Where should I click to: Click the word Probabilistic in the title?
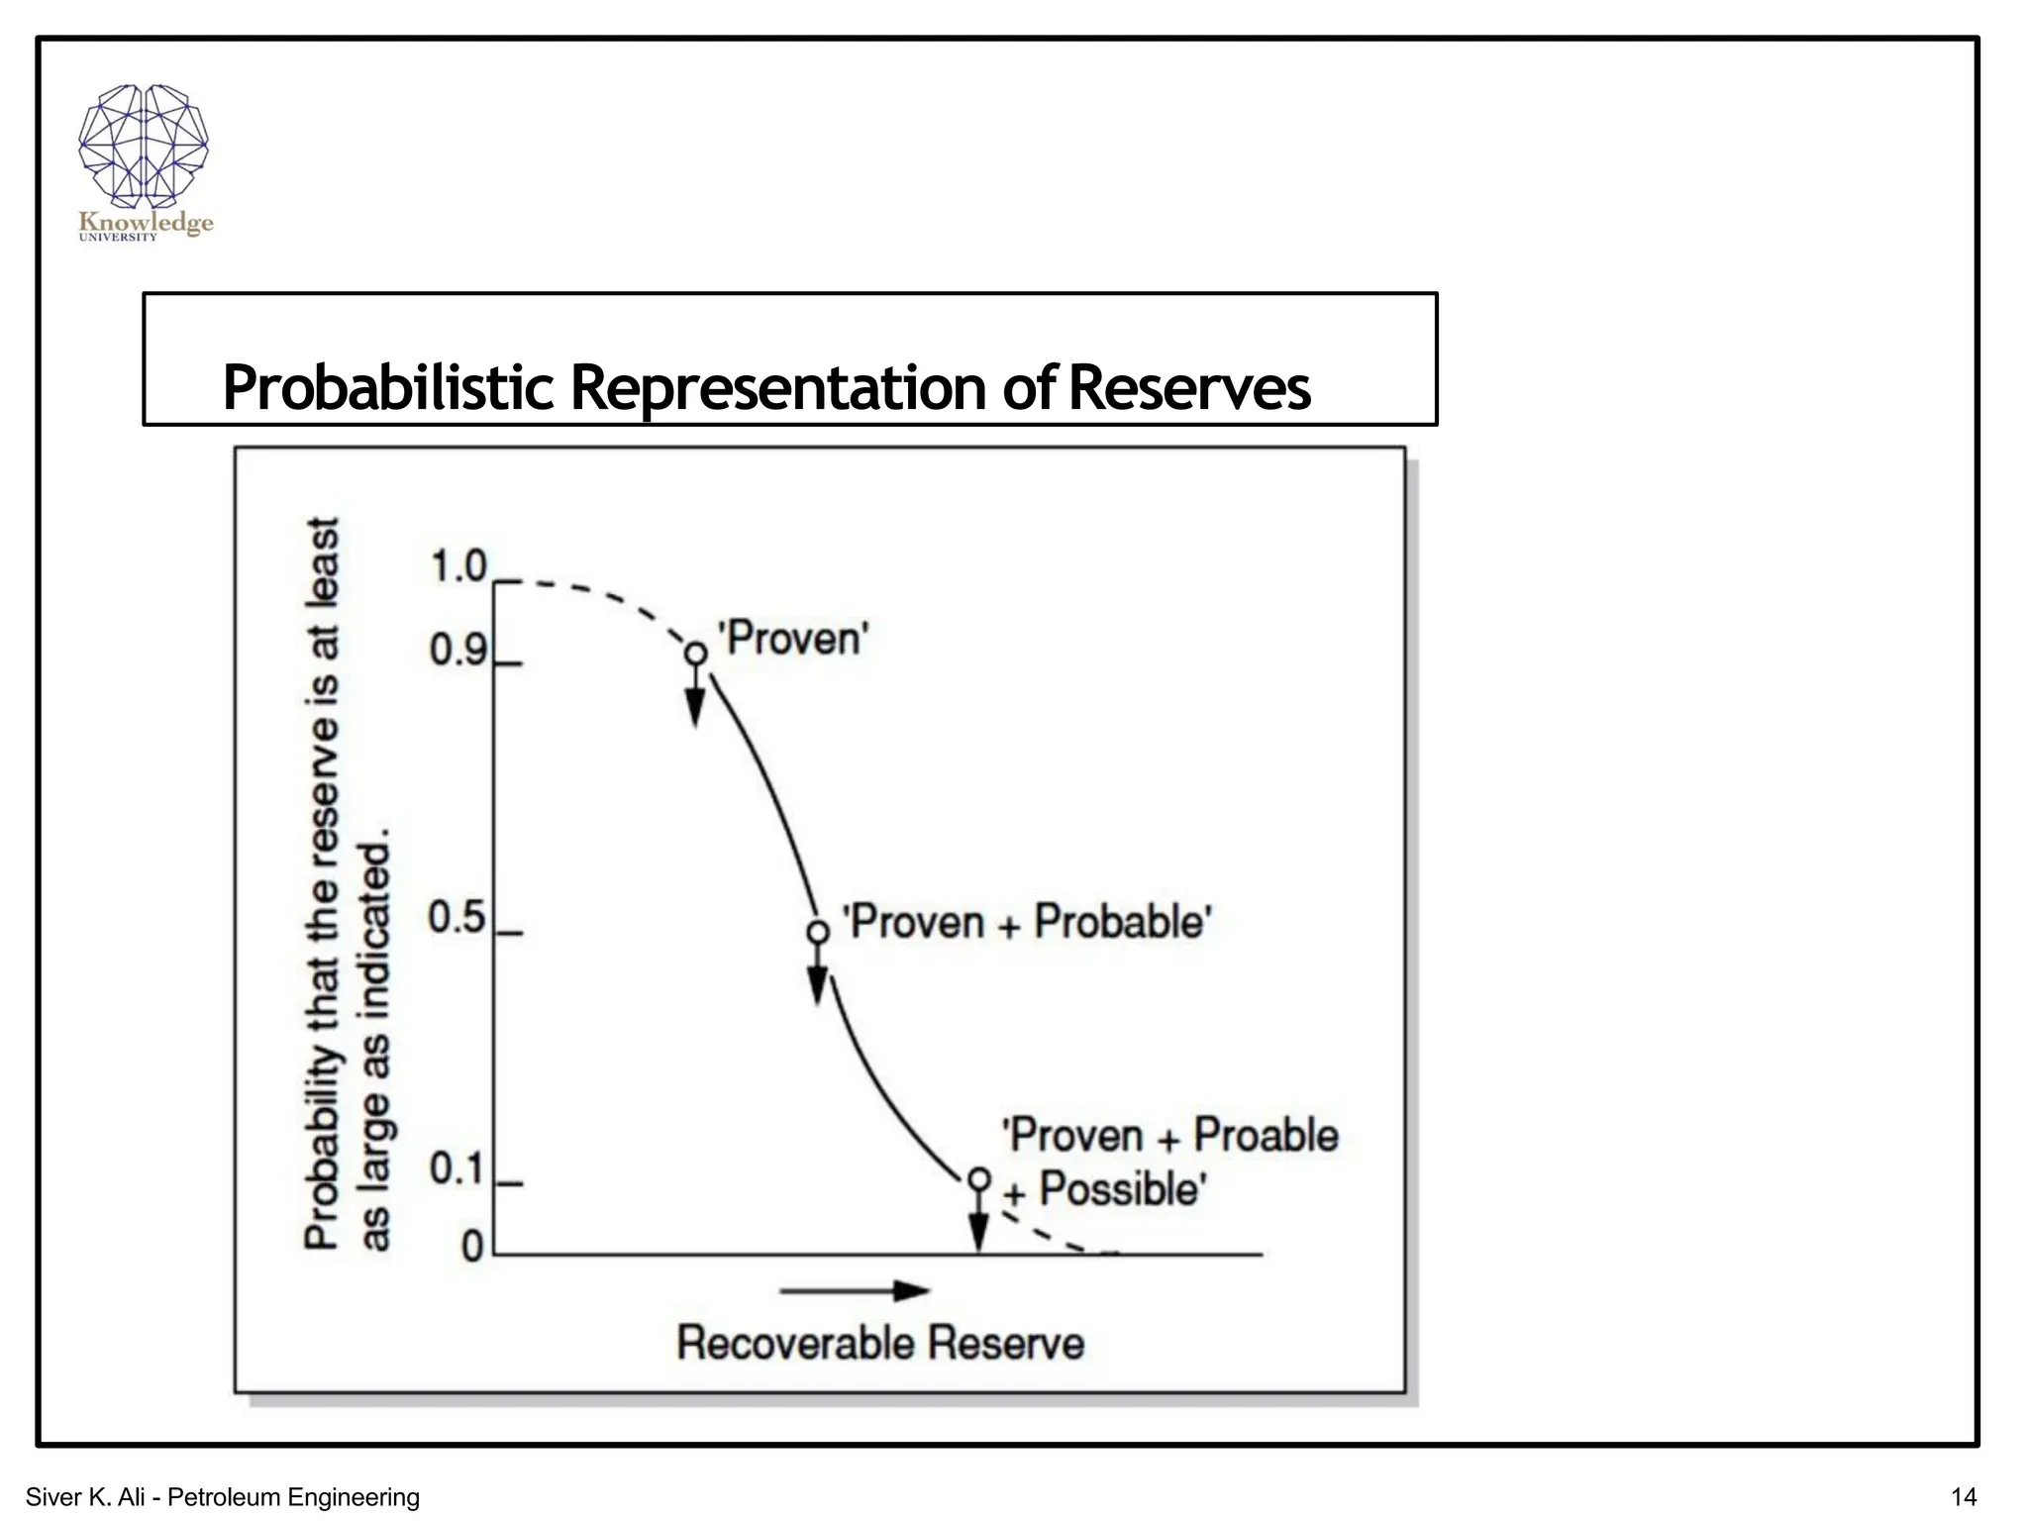coord(387,387)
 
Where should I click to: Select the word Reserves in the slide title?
coord(1189,387)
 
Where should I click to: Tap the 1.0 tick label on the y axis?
coord(458,567)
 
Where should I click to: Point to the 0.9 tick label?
coord(457,651)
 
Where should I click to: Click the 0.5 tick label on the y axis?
coord(456,918)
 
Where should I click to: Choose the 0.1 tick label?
coord(456,1169)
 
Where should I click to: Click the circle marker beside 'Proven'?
coord(696,654)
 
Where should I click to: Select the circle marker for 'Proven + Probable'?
coord(818,932)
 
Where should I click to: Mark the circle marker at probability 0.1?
coord(979,1179)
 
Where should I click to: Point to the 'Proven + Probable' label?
coord(1027,922)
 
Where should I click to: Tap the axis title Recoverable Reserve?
coord(880,1344)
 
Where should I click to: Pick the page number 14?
coord(1963,1496)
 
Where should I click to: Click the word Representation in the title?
coord(778,387)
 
